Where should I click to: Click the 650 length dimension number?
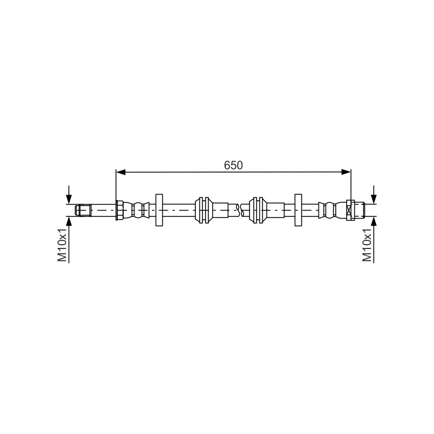tap(233, 165)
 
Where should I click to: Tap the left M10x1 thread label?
tap(62, 245)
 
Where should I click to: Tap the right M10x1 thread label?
tap(367, 245)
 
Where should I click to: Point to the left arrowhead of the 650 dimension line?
tap(121, 172)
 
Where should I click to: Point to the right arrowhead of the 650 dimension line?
tap(346, 172)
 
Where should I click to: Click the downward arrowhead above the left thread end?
tap(69, 199)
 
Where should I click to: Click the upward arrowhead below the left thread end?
tap(69, 221)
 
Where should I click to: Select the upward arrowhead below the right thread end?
tap(374, 221)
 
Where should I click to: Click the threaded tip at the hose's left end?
tap(83, 210)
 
